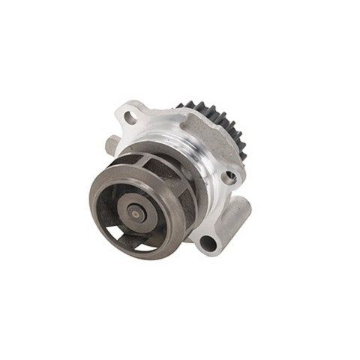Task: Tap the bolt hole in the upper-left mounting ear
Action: pyautogui.click(x=130, y=117)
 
